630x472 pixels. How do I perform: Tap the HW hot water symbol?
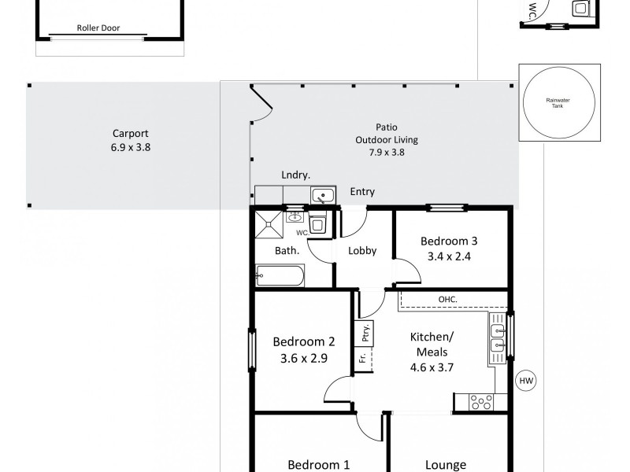(x=525, y=382)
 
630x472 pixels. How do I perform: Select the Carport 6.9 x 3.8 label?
(x=130, y=140)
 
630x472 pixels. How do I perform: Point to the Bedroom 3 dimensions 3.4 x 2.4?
(x=449, y=256)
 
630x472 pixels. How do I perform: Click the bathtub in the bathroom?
(x=280, y=275)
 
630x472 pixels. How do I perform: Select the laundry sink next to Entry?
(x=323, y=196)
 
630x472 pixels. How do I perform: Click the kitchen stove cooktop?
(x=481, y=403)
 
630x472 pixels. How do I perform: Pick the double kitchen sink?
(x=498, y=336)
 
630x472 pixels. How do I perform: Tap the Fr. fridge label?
(x=362, y=359)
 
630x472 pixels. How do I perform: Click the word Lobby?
(x=362, y=251)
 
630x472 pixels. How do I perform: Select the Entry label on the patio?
(x=362, y=192)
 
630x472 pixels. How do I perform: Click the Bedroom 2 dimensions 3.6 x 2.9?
(x=304, y=357)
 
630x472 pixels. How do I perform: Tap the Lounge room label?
(x=445, y=464)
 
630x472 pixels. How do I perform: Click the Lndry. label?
(x=295, y=175)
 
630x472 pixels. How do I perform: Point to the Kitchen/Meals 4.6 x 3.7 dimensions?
(x=432, y=366)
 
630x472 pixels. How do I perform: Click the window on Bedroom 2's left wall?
(x=252, y=351)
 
